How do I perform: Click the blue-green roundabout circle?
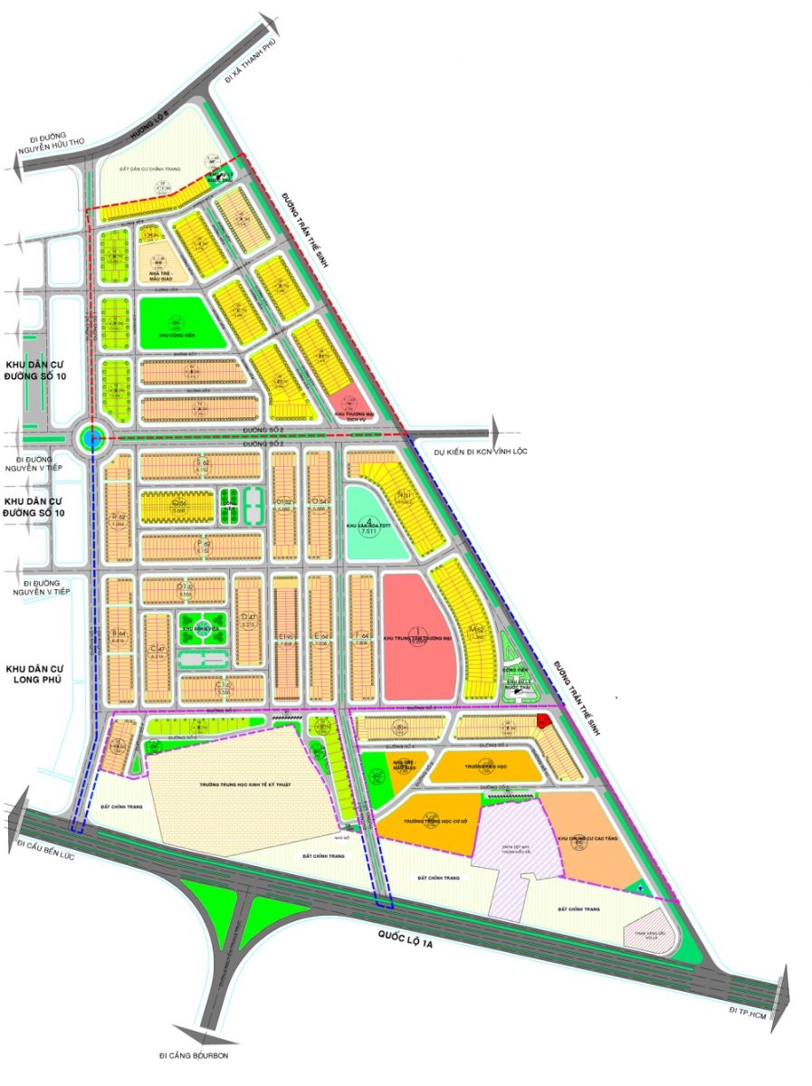click(x=92, y=440)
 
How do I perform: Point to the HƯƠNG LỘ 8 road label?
click(x=145, y=128)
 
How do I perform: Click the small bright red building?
click(x=543, y=720)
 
